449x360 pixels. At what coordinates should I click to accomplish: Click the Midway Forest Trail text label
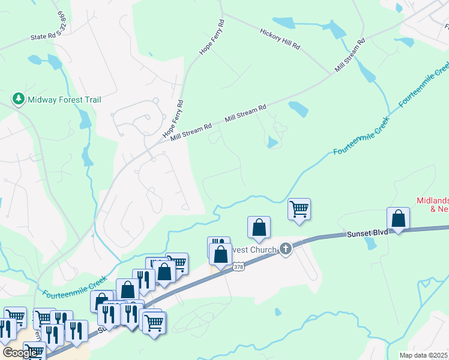click(64, 100)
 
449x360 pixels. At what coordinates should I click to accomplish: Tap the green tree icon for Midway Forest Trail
click(19, 99)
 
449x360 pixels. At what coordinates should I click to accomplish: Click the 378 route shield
click(238, 266)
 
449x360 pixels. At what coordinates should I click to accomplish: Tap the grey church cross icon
click(286, 248)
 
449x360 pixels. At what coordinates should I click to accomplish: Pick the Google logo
click(19, 353)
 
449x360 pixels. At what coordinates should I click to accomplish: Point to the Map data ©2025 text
click(424, 355)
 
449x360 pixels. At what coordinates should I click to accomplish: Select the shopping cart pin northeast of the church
click(299, 209)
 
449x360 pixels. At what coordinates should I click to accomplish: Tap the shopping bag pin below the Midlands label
click(398, 218)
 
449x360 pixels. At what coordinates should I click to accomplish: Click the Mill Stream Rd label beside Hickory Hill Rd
click(350, 57)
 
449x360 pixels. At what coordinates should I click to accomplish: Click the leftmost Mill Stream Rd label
click(191, 132)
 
